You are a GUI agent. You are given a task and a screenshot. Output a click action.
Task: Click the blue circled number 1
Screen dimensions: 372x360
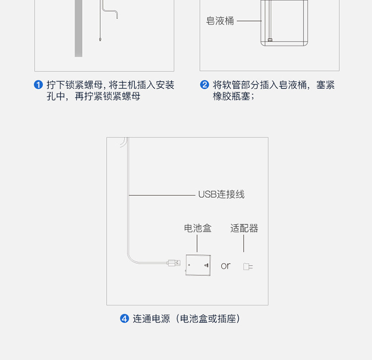point(39,85)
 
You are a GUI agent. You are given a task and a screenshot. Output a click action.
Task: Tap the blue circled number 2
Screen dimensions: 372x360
point(204,85)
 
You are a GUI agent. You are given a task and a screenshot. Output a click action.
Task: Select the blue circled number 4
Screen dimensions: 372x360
point(124,318)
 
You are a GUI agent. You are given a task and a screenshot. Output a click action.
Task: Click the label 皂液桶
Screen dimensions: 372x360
point(220,21)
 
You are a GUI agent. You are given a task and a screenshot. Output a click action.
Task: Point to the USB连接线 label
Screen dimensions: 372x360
point(221,194)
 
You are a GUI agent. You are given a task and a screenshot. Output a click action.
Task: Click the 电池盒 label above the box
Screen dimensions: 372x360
point(197,228)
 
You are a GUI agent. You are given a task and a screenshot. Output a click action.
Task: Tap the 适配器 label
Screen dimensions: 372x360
point(244,228)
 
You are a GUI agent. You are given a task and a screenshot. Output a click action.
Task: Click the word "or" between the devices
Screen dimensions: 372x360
point(226,266)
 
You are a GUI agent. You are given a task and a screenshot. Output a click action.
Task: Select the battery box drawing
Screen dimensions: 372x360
point(198,265)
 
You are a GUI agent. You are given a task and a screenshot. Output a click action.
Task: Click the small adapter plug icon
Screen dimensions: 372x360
point(248,267)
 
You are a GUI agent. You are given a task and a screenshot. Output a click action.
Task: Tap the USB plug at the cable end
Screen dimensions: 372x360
point(174,262)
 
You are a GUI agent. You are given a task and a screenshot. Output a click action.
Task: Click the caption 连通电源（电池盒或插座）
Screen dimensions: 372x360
point(186,318)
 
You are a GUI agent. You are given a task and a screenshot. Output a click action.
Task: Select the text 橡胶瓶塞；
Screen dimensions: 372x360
point(234,96)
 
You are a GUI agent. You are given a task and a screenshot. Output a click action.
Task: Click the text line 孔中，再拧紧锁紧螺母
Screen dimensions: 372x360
point(94,96)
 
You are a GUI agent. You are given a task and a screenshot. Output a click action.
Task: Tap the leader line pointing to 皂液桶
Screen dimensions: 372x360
point(249,21)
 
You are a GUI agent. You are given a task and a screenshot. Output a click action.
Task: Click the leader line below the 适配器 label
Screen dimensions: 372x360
point(244,244)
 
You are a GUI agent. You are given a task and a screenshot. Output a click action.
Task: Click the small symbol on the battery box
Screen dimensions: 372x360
point(206,266)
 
